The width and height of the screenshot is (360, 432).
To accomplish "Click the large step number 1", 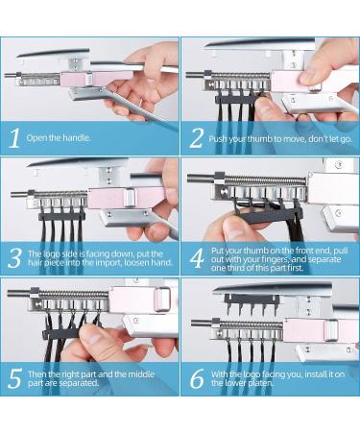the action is (14, 138).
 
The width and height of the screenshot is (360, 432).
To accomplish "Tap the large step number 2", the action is (196, 138).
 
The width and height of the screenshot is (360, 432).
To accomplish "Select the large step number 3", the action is (14, 258).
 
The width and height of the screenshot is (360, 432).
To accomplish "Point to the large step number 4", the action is (197, 258).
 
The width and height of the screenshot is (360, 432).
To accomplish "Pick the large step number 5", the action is (14, 378).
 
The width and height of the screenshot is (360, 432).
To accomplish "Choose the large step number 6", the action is (197, 378).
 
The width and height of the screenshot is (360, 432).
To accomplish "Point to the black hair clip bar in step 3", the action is (61, 216).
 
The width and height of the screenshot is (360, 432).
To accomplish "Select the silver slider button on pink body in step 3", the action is (129, 198).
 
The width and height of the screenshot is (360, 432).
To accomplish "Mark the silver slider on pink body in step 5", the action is (163, 300).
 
